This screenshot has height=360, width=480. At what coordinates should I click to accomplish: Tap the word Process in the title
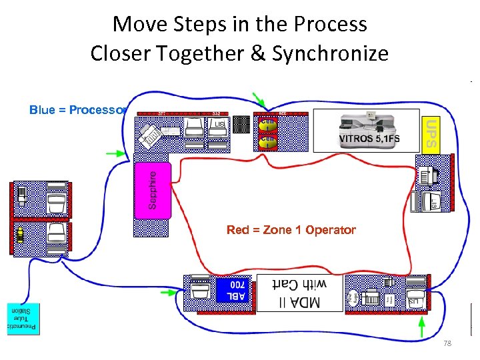pos(334,24)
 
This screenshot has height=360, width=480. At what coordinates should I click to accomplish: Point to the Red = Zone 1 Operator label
pos(291,230)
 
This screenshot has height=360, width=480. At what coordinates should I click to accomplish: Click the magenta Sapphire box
pos(153,189)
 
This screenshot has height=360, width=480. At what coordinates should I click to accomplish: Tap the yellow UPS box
pos(431,133)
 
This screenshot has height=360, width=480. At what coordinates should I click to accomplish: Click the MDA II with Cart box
pos(299,293)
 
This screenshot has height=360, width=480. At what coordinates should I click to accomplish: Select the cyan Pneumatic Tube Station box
pos(23,319)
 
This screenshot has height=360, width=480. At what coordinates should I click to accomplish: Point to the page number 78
pos(447,343)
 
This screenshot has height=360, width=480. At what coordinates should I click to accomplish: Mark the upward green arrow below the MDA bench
pos(421,327)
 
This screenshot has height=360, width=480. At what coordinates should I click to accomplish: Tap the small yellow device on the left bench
pos(21,233)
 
